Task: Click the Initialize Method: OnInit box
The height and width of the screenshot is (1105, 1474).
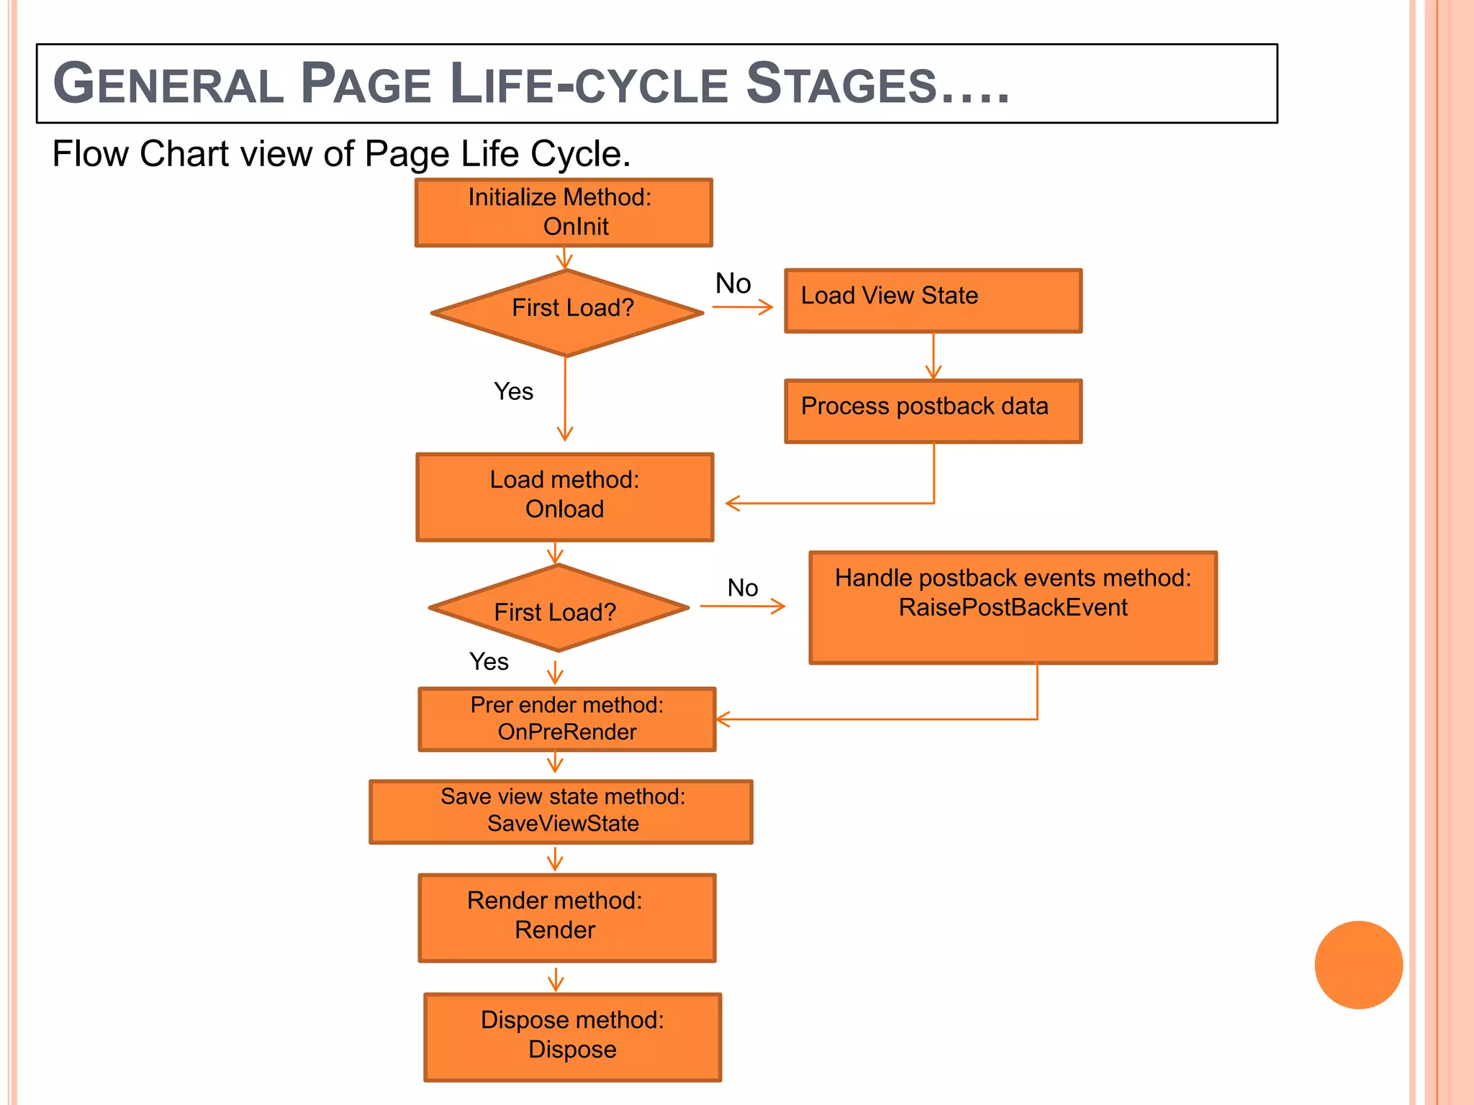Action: click(x=564, y=213)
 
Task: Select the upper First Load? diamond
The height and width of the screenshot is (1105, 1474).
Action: click(x=566, y=312)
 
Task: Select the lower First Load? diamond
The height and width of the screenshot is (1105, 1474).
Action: click(x=558, y=609)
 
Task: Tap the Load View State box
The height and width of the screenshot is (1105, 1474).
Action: click(x=933, y=301)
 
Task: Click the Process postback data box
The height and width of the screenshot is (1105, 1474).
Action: click(x=933, y=411)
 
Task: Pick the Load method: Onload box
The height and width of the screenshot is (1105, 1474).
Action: click(x=564, y=496)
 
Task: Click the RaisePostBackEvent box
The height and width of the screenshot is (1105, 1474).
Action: click(x=1013, y=607)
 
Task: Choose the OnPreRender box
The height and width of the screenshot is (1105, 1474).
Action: click(x=567, y=719)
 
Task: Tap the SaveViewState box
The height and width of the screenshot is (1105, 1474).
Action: click(x=561, y=811)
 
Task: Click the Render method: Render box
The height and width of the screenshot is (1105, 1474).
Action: click(x=567, y=917)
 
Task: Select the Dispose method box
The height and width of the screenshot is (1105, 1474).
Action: click(x=572, y=1036)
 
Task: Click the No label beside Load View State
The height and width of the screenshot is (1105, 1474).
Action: click(x=733, y=283)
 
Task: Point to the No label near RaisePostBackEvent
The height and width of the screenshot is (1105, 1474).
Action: click(x=742, y=588)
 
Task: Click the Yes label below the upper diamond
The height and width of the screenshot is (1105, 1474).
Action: click(x=513, y=391)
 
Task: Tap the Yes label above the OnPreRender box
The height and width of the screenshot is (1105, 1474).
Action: click(x=489, y=661)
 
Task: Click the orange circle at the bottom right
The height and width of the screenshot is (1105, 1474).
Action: click(x=1358, y=964)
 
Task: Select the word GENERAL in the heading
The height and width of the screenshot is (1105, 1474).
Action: click(x=168, y=84)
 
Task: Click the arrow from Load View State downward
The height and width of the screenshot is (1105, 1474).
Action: click(x=933, y=356)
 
